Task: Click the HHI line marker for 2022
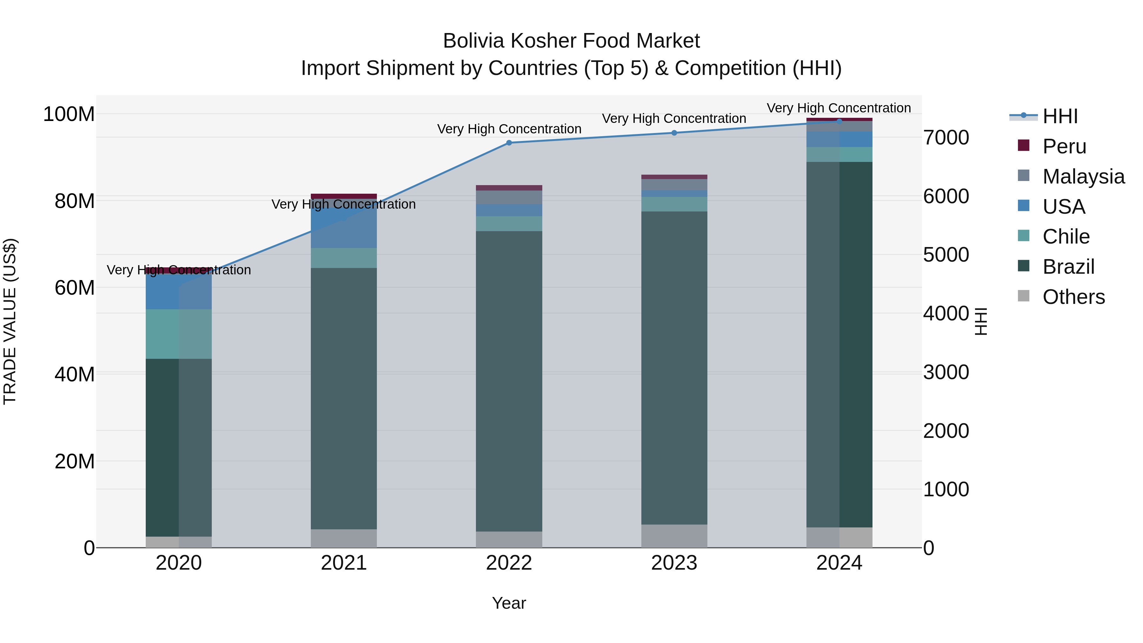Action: [x=509, y=143]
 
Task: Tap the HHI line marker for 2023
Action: [x=674, y=133]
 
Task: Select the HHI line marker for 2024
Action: [x=839, y=121]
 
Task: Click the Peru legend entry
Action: [x=1064, y=146]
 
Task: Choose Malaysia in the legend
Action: [x=1083, y=177]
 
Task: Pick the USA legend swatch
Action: [x=1024, y=206]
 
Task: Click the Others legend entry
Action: [x=1073, y=297]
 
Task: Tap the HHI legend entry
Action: [x=1059, y=116]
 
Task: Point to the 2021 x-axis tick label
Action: [x=344, y=563]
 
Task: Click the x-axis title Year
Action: [x=509, y=603]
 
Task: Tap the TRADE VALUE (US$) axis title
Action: [x=10, y=321]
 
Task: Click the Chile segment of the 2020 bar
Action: [x=179, y=334]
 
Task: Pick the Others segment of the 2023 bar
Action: [x=674, y=536]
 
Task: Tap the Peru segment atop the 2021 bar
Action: [x=344, y=196]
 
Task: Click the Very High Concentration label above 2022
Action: [x=509, y=129]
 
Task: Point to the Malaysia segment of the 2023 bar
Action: [x=674, y=184]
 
